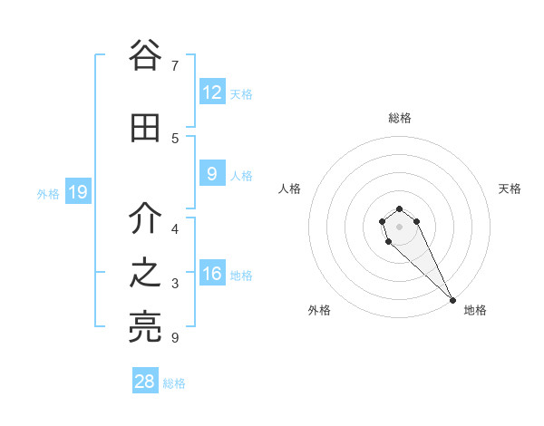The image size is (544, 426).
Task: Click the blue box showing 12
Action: (x=212, y=92)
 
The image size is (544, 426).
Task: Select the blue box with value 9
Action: (x=212, y=174)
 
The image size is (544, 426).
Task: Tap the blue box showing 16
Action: (x=212, y=274)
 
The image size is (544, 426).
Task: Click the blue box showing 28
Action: (x=145, y=382)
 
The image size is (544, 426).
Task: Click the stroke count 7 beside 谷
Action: (x=175, y=66)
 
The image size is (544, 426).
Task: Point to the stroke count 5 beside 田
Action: (x=175, y=138)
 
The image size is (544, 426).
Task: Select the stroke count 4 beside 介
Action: (x=175, y=229)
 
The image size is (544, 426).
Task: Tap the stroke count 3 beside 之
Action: (x=175, y=284)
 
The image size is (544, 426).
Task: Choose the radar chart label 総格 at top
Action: (x=400, y=118)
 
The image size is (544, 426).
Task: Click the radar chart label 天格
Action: (x=510, y=189)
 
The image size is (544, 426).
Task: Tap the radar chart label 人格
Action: (x=289, y=189)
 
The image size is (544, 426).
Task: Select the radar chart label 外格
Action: (x=319, y=310)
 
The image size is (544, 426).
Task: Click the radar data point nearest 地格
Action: (x=452, y=300)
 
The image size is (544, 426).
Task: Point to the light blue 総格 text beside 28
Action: (x=174, y=383)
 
